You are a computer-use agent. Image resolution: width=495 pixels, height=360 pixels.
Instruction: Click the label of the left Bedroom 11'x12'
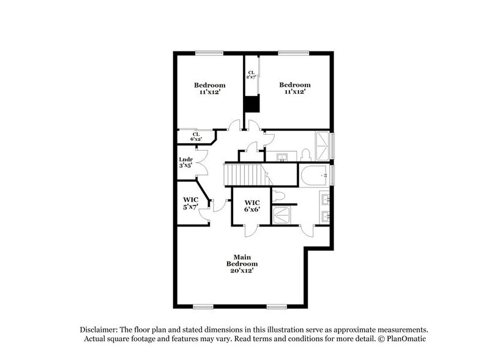coord(210,88)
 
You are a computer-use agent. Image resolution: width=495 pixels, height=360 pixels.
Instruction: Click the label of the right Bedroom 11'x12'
coord(295,88)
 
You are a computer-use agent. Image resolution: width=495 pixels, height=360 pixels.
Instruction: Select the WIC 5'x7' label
coord(190,203)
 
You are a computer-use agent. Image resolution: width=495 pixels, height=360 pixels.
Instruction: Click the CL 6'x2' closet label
coord(196,137)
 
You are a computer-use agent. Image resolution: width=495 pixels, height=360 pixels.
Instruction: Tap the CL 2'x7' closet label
coord(251,75)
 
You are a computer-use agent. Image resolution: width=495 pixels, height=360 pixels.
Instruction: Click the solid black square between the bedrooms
coord(251,104)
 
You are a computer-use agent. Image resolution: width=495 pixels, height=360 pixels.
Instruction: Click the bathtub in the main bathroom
coord(314,176)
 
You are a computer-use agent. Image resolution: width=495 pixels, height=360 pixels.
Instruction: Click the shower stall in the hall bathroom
coord(322,145)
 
